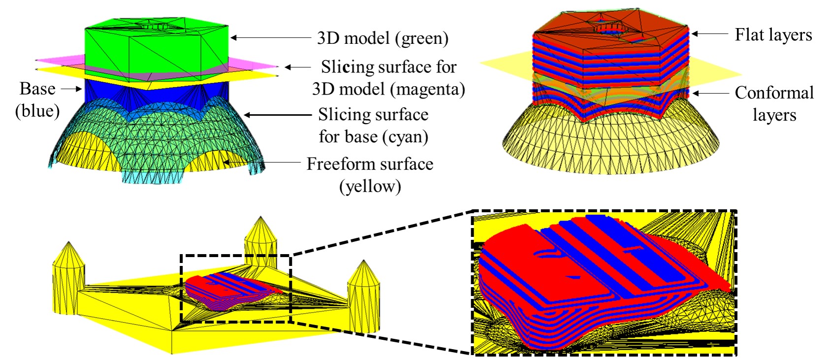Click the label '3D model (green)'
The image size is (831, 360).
tap(383, 38)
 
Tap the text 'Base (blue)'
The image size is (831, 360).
tap(37, 99)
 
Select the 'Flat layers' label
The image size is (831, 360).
tap(773, 35)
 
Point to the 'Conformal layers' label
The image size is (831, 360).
tap(774, 103)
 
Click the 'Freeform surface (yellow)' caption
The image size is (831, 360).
tap(370, 175)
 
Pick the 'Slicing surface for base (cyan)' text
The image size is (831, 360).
tap(373, 126)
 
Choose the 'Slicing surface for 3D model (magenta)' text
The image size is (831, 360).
tap(388, 78)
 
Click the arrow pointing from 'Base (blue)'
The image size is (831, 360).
tap(71, 89)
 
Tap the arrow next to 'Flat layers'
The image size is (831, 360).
tap(709, 34)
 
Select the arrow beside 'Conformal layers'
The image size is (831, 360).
tap(709, 93)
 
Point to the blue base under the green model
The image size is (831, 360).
tap(157, 96)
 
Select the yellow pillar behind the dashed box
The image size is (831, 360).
tap(260, 236)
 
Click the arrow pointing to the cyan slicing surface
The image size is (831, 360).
tap(278, 115)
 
